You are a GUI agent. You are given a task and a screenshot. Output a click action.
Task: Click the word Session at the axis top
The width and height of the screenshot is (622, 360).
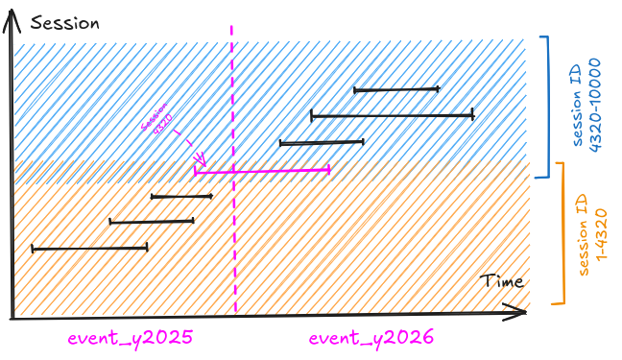[65, 23]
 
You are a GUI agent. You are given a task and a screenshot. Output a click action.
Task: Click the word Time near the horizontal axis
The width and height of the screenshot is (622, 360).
[502, 281]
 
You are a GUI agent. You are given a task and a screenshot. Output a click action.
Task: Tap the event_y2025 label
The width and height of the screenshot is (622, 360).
[131, 338]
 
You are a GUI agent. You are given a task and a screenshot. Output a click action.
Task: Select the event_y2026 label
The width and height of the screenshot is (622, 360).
[371, 338]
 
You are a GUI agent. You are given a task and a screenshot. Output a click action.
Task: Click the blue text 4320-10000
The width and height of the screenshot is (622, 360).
[595, 106]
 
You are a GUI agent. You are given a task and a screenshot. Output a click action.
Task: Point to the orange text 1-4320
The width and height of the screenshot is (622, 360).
[602, 234]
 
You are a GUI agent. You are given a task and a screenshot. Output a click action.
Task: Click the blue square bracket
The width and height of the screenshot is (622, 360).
[544, 107]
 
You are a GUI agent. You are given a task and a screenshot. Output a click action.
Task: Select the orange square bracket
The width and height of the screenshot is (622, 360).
[560, 233]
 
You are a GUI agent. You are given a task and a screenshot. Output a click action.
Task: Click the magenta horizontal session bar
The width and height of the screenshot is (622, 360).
[262, 171]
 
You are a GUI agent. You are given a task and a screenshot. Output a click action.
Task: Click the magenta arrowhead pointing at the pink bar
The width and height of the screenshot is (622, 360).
[202, 160]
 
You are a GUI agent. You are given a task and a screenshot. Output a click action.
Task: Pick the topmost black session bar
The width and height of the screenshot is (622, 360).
[396, 89]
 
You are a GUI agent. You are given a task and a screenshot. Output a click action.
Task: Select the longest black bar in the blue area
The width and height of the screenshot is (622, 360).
[393, 116]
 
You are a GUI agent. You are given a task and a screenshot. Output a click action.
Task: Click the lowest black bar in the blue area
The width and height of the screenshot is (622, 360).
[322, 142]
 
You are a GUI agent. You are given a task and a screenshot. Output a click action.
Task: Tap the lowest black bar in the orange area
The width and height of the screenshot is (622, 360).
[89, 249]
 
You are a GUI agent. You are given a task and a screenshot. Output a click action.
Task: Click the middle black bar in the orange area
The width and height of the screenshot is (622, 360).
[152, 221]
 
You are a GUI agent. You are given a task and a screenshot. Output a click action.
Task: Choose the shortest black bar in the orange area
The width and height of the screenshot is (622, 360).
[181, 196]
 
